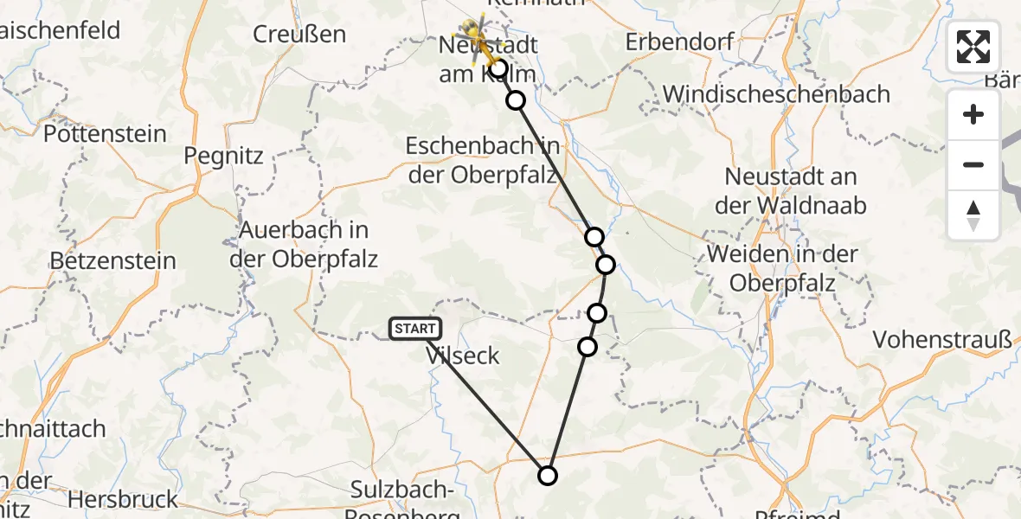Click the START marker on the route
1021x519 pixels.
coord(416,329)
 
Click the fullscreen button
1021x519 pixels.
coord(973,47)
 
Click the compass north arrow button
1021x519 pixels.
coord(973,215)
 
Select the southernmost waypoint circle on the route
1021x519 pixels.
coord(547,475)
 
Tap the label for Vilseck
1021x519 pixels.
coord(463,355)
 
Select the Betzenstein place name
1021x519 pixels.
coord(112,260)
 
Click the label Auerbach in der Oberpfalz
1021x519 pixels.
coord(304,245)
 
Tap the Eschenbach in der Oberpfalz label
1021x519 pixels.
coord(483,161)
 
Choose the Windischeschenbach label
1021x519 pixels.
coord(776,93)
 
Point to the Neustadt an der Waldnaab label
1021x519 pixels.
coord(790,191)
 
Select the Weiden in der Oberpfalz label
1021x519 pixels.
coord(782,268)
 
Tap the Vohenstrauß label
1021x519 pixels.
coord(942,340)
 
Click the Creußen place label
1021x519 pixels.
coord(299,35)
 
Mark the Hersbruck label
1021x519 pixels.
coord(122,499)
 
